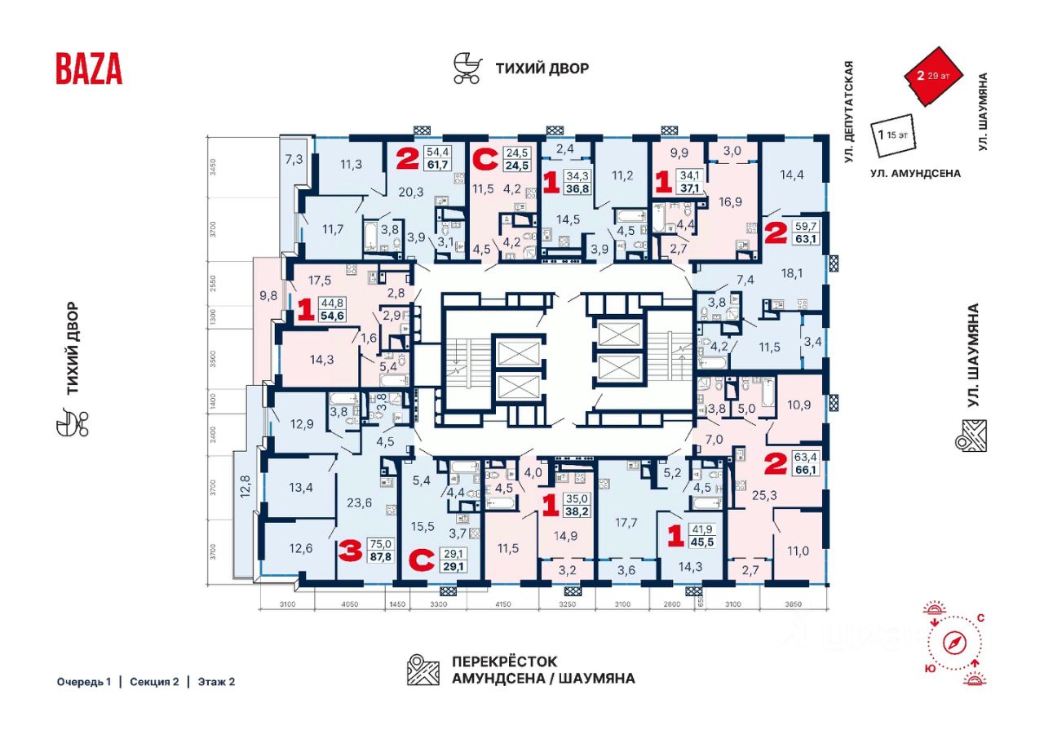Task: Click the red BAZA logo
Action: coord(89,69)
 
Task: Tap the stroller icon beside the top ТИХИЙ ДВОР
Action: coord(467,69)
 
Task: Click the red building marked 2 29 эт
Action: coord(933,79)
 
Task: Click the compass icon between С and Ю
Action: coord(955,644)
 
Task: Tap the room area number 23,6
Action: coord(359,503)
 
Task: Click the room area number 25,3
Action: coord(755,494)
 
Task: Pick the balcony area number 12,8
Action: coord(243,491)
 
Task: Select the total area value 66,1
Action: coord(804,471)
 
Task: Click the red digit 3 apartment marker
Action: coord(350,552)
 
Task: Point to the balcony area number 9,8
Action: coord(268,296)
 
